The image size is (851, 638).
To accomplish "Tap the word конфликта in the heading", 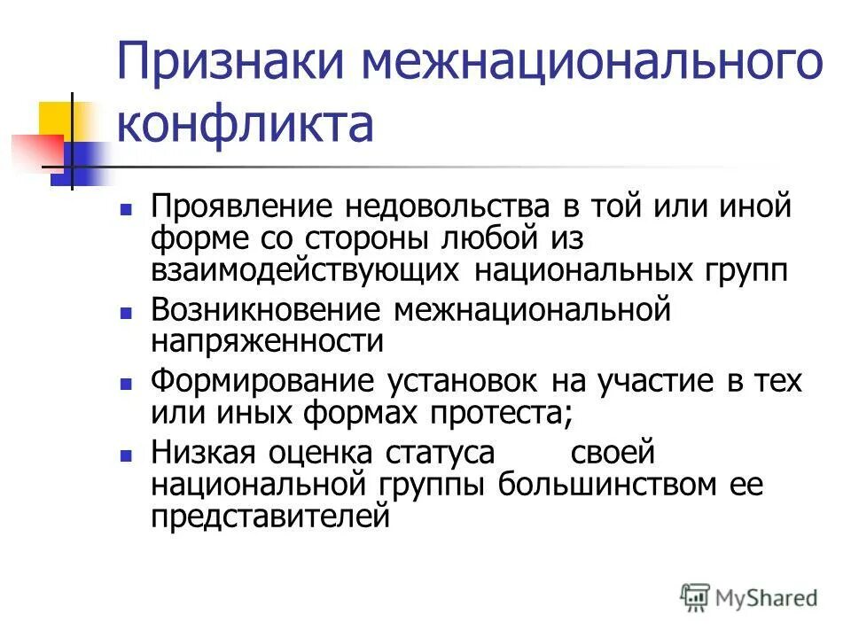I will [x=246, y=124].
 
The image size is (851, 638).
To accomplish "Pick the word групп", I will [x=741, y=268].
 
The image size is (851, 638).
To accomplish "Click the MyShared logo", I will [x=749, y=597].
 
